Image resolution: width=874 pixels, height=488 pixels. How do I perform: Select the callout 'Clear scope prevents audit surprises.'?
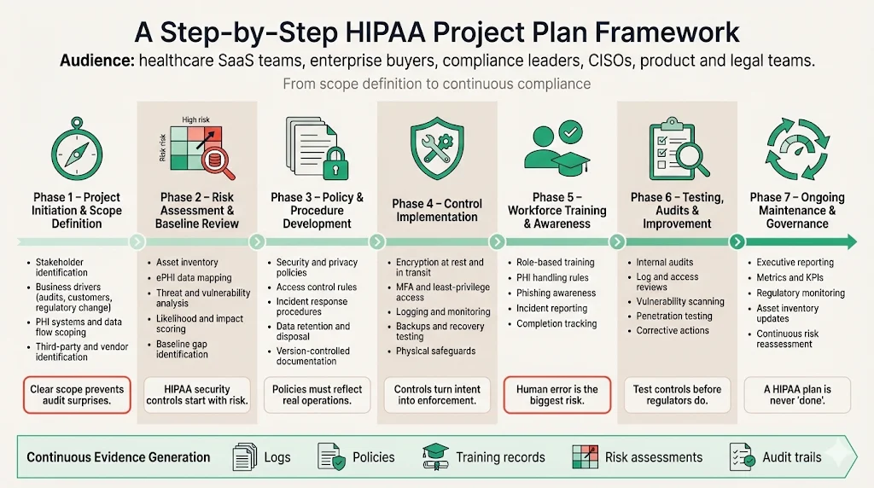click(x=77, y=395)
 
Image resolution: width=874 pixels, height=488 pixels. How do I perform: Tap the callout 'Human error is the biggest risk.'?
click(x=557, y=395)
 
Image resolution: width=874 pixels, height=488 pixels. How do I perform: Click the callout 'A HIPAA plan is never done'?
click(x=797, y=395)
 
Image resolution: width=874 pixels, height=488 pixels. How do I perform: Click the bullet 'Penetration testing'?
click(x=674, y=316)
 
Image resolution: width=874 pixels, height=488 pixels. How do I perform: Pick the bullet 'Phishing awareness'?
click(x=556, y=293)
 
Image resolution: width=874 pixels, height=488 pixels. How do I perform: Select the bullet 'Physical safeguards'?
click(x=436, y=351)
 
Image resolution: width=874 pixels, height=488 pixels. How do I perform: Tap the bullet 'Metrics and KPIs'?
click(x=792, y=278)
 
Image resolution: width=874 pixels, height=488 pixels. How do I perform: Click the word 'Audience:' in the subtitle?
click(x=96, y=61)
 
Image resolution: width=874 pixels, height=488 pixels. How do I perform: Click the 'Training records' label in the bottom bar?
click(x=500, y=457)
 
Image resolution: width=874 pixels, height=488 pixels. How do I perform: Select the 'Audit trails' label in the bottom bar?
click(x=792, y=457)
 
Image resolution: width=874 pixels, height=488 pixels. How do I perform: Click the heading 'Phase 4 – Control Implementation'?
click(x=437, y=211)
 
